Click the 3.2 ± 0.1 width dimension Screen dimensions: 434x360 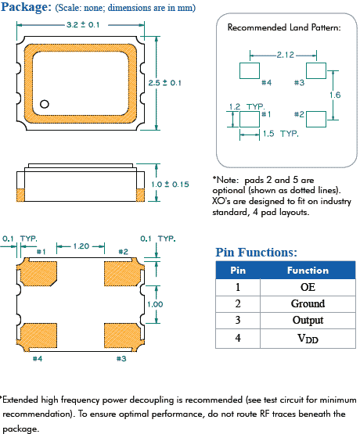pos(82,25)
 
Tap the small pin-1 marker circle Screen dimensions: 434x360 pos(45,103)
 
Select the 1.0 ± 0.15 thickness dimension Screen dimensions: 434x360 pos(171,184)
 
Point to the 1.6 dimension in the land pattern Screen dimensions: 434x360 pos(335,94)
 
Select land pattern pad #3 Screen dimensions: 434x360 pos(316,70)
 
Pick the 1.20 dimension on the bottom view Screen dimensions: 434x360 pos(81,245)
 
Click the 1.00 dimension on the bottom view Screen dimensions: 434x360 pos(154,304)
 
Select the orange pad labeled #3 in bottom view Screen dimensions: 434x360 pos(121,335)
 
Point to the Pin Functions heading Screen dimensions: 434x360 pos(256,252)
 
